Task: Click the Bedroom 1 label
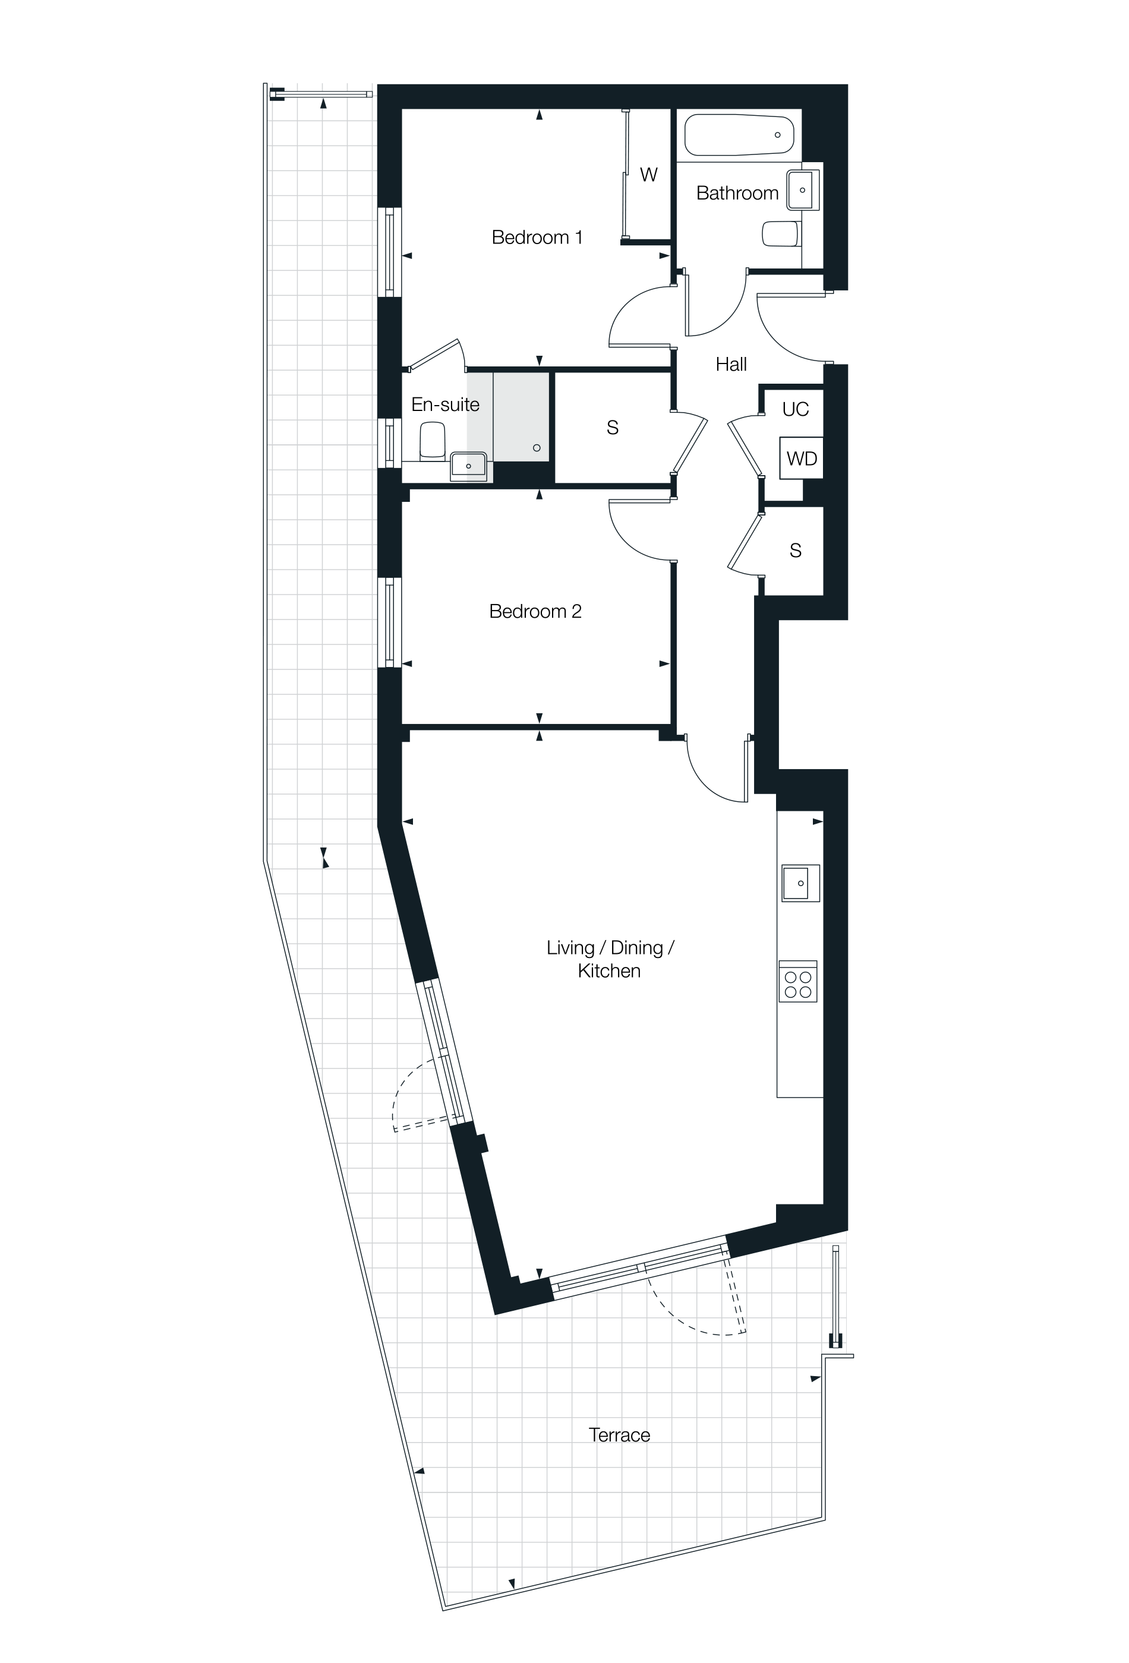tap(537, 237)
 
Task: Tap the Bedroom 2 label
tap(535, 611)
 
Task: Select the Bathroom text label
tap(737, 192)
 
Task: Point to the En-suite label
tap(444, 404)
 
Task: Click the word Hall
tap(731, 364)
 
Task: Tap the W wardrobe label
tap(649, 175)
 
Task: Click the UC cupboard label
tap(796, 409)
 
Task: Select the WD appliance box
tap(801, 458)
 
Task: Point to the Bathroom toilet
tap(781, 234)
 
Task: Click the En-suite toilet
tap(433, 440)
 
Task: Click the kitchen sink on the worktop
tap(800, 883)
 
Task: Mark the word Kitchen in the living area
tap(608, 971)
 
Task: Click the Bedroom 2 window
tap(389, 622)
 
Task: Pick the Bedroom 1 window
tap(389, 252)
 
